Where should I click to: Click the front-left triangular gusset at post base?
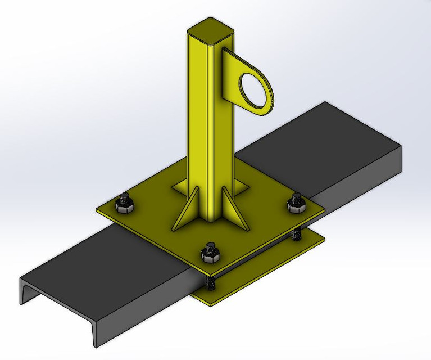click(x=185, y=213)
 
